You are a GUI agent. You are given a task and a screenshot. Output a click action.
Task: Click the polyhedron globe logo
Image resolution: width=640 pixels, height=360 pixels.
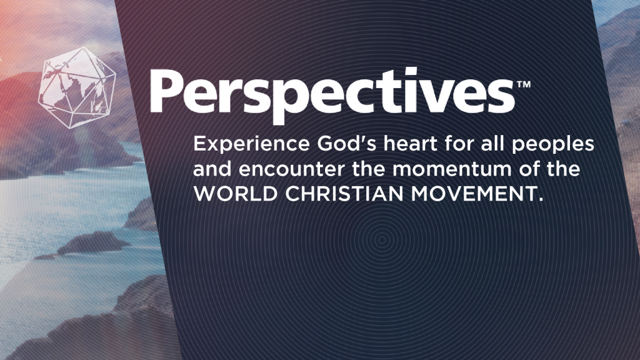77,87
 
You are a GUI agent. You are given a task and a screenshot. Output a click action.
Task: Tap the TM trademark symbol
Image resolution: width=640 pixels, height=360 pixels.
524,84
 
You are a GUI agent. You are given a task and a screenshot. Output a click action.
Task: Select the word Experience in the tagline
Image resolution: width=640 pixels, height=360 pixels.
251,145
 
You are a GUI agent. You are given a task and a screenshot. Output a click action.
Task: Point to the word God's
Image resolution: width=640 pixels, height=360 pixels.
347,144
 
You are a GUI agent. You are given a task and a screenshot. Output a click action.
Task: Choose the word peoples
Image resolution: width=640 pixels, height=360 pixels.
552,145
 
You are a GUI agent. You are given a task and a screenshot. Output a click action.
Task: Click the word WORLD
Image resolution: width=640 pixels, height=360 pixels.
236,194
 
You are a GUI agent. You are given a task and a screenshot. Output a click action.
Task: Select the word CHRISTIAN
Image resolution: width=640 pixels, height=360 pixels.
344,194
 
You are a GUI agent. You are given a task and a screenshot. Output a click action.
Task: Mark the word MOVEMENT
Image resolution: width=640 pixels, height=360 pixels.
474,194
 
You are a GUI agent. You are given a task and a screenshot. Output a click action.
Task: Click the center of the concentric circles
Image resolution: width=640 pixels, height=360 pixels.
382,240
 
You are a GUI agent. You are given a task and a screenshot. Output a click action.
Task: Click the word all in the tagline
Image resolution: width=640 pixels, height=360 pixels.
492,144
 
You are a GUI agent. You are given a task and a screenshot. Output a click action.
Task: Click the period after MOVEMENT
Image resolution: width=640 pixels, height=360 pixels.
541,199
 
